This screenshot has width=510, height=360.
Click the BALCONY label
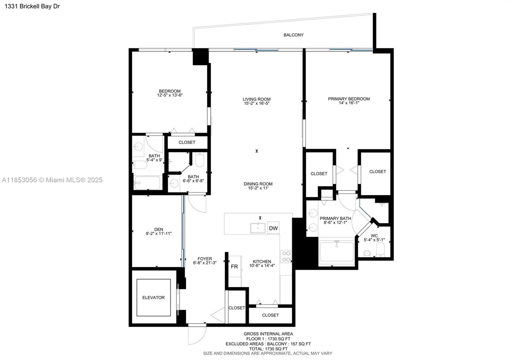click(x=293, y=35)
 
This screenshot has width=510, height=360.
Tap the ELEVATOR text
click(x=153, y=298)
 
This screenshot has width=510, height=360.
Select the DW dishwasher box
click(x=273, y=228)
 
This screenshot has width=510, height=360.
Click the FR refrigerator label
click(x=234, y=267)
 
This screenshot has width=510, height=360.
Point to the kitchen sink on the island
click(x=258, y=228)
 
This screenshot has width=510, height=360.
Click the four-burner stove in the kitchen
click(x=286, y=256)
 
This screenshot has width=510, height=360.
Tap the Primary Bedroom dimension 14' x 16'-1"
click(x=349, y=103)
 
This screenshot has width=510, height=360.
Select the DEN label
click(x=158, y=229)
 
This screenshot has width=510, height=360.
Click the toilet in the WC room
click(x=381, y=249)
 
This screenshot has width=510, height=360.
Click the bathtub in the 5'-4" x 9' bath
click(x=147, y=183)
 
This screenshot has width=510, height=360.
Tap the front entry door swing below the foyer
click(x=197, y=335)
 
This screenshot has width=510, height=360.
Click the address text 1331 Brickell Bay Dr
click(x=32, y=6)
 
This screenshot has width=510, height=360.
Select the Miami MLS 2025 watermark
click(x=52, y=180)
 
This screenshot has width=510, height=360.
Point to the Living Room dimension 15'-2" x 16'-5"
click(x=257, y=104)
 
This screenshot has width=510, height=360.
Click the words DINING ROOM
click(x=258, y=184)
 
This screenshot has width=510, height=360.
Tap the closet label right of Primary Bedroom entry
click(x=377, y=172)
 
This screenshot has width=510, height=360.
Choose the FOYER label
click(x=205, y=259)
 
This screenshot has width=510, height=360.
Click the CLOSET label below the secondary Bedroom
click(x=187, y=142)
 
